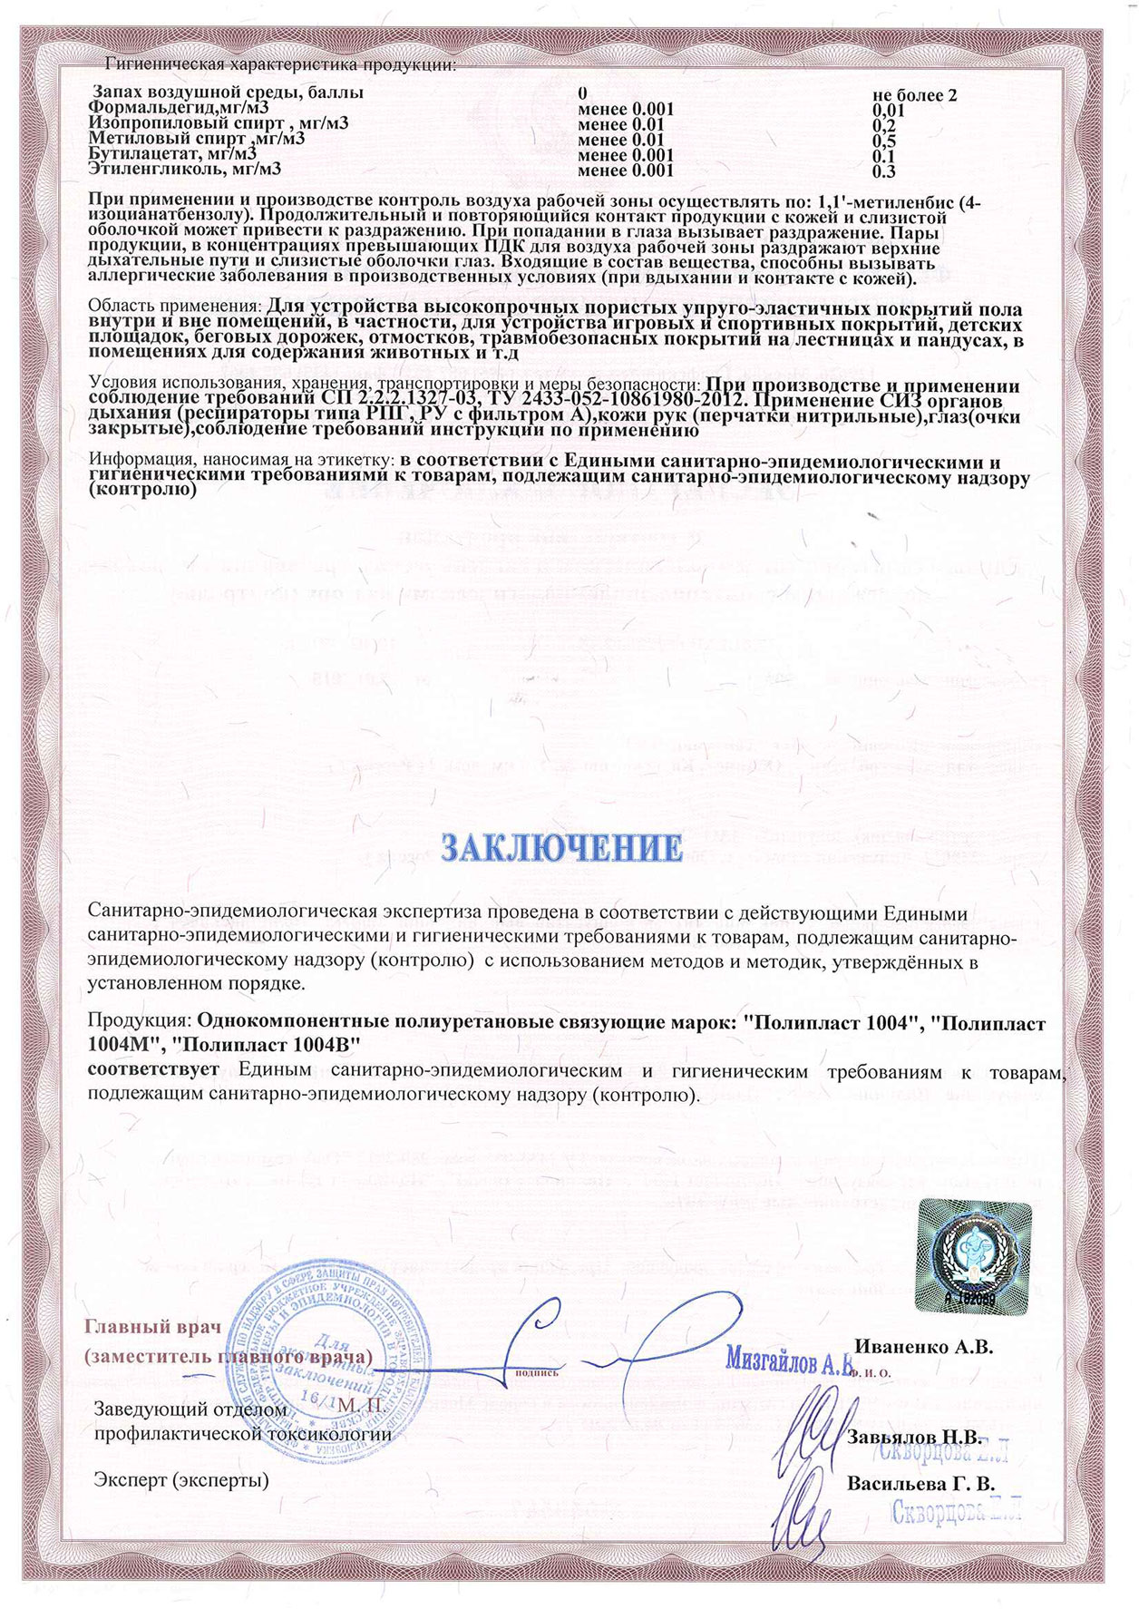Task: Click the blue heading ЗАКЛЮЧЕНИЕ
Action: point(560,847)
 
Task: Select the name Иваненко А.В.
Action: point(924,1347)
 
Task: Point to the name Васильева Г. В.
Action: point(920,1485)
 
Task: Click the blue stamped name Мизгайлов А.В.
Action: point(790,1361)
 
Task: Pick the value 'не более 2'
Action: point(915,94)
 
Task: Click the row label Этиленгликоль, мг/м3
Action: point(185,169)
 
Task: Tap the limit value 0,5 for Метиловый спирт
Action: point(883,141)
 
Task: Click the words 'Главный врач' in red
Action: point(153,1327)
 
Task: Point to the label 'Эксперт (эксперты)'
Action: point(181,1480)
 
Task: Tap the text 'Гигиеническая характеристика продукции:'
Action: point(281,65)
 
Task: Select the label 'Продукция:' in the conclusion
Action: point(140,1023)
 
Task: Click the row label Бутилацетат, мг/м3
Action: point(172,154)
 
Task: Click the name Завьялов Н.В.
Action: point(914,1438)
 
